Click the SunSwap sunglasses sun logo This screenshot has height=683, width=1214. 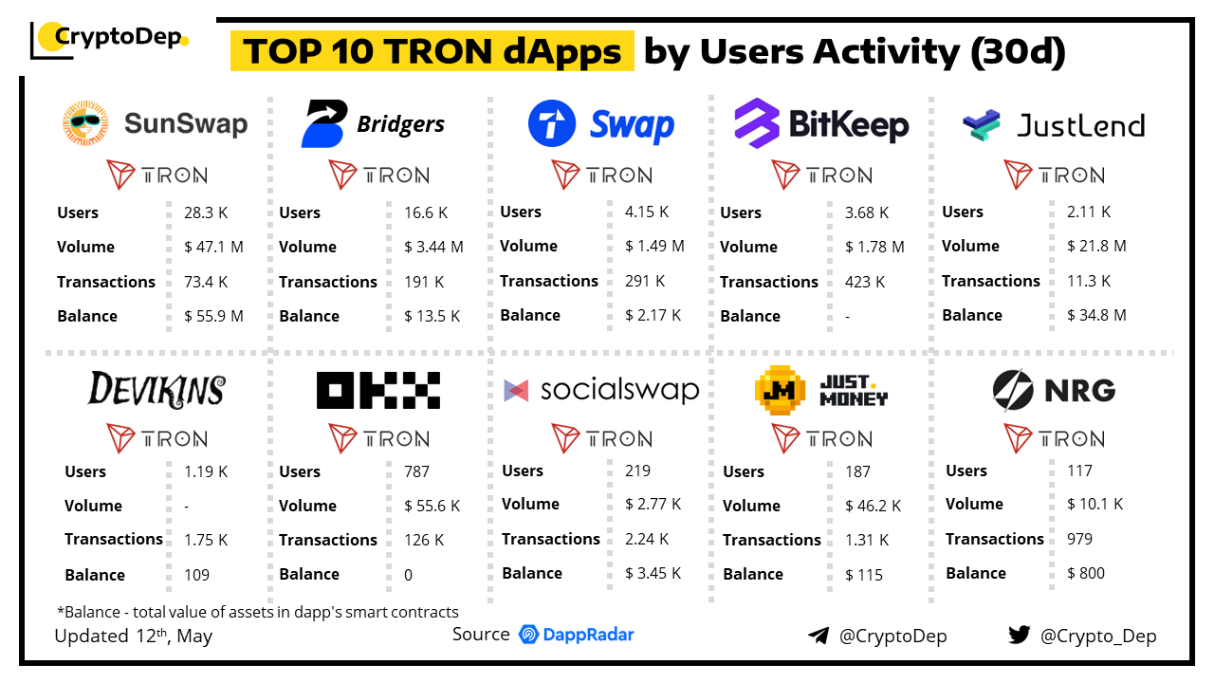(86, 124)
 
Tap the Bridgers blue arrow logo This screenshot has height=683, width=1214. (323, 124)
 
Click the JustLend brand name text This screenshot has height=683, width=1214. (1080, 125)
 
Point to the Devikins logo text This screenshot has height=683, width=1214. (156, 389)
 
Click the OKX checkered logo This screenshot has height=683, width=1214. (378, 390)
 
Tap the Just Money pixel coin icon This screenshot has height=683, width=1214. (780, 389)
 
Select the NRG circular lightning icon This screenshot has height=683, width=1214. (1012, 389)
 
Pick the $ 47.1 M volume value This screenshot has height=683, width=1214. (213, 247)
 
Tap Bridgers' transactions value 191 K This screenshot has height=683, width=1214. (424, 282)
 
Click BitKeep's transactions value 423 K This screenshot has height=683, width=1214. (865, 282)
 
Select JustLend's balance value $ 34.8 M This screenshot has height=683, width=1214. (1096, 315)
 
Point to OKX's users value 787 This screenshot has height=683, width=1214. (416, 471)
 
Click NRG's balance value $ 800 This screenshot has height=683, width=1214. (1086, 573)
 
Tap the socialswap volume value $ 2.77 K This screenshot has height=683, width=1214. (653, 504)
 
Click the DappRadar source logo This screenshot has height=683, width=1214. (577, 635)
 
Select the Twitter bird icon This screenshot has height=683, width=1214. (1019, 635)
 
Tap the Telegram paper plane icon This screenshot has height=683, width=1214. (818, 636)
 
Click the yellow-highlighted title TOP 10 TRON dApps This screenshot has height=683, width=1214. (432, 51)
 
